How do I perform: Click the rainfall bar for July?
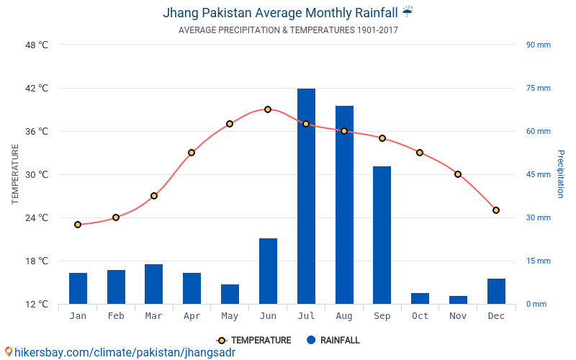(x=306, y=196)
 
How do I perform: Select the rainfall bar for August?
(x=344, y=204)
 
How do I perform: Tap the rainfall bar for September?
(x=382, y=235)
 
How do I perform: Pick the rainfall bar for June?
(x=268, y=271)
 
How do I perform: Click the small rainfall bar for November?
(x=458, y=300)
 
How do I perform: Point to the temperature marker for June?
(x=268, y=109)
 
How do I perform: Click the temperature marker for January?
(x=78, y=225)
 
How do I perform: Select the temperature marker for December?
(x=496, y=210)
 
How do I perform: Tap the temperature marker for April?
(x=192, y=153)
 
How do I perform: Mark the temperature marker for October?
(x=420, y=153)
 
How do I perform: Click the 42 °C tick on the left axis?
(x=36, y=89)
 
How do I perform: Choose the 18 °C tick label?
(x=36, y=261)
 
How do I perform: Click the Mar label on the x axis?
(x=153, y=316)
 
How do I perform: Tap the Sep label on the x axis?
(x=382, y=316)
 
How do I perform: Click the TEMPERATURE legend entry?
(x=254, y=341)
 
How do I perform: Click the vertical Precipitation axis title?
(x=560, y=174)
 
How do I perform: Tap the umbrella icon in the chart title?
(x=408, y=12)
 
